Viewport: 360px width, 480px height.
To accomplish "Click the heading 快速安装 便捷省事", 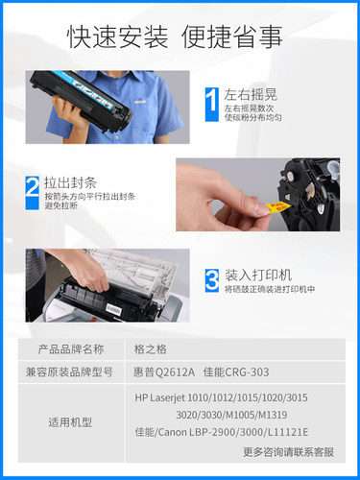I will tap(175, 36).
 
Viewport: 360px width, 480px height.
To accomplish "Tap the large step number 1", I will tap(212, 102).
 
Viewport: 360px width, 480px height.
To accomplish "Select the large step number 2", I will tap(33, 186).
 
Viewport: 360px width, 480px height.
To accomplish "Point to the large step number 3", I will tap(212, 279).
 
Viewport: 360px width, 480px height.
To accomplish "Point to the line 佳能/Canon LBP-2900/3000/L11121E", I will tap(235, 433).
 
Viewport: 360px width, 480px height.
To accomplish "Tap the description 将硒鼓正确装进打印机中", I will tap(270, 289).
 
